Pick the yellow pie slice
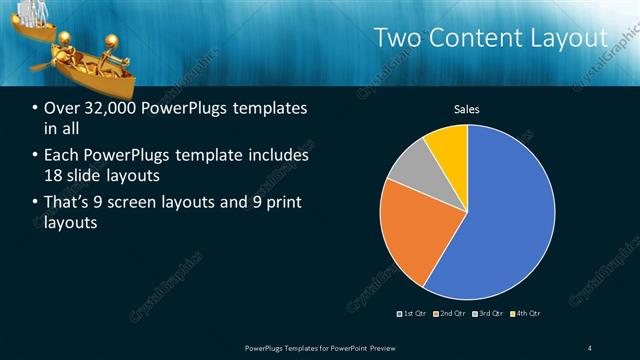pos(448,147)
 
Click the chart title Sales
pos(467,108)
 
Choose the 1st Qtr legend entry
pos(416,314)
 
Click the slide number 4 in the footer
pos(590,347)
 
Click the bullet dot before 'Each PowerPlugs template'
pos(36,156)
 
